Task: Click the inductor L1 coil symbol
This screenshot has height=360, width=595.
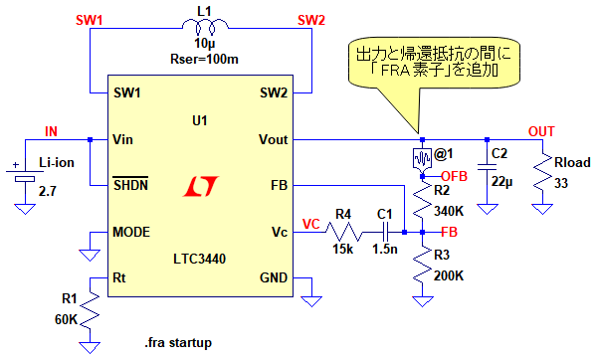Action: tap(205, 27)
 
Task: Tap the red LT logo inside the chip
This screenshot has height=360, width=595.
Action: tap(201, 186)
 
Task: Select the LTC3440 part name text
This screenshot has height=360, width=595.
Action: tap(200, 259)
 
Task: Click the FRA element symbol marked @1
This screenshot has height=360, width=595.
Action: tap(422, 158)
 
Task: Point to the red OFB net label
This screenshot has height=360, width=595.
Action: tap(455, 176)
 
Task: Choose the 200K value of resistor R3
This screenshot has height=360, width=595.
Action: tap(449, 275)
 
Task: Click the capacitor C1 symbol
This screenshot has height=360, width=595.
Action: tap(385, 232)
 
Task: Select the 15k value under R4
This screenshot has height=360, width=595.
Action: tap(343, 249)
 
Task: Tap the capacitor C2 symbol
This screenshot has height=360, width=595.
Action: tap(488, 167)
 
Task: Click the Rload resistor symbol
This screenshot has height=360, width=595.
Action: tap(542, 171)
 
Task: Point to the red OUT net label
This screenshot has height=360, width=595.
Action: tap(541, 131)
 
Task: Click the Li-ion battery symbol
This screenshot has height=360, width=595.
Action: tap(25, 175)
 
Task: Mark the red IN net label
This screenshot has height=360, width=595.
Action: tap(51, 131)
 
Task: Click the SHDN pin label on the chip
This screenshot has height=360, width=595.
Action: tap(131, 184)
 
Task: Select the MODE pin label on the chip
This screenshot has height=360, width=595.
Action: tap(131, 232)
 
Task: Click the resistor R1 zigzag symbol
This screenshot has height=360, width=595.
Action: tap(91, 311)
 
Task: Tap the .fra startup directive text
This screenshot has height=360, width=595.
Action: tap(178, 342)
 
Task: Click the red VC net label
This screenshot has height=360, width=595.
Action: tap(311, 224)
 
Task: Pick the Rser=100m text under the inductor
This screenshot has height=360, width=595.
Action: tap(205, 60)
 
